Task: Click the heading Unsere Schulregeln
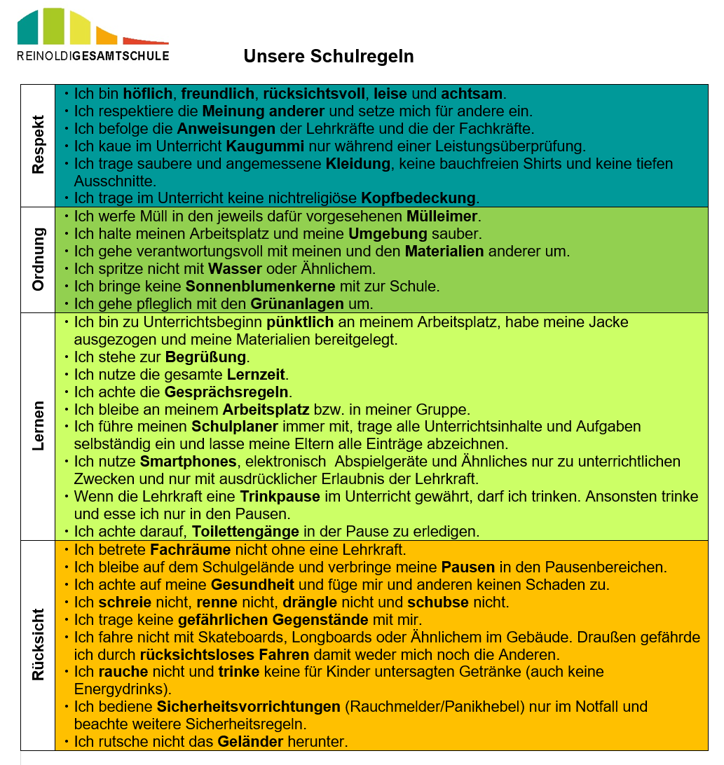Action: tap(329, 56)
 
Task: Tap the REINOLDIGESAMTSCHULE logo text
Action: tap(93, 55)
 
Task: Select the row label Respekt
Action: tap(38, 145)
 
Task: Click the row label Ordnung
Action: tap(38, 259)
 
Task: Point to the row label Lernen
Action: tap(38, 426)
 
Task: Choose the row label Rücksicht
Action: tap(38, 645)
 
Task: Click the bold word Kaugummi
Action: tap(265, 146)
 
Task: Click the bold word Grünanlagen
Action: tap(297, 303)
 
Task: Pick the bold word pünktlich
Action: tap(302, 322)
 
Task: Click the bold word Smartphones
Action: tap(188, 461)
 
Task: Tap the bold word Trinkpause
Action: tap(280, 496)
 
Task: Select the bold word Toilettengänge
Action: tap(245, 531)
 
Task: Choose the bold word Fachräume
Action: tap(185, 550)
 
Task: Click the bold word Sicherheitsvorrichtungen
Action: tap(248, 706)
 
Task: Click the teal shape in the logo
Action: tap(27, 27)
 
